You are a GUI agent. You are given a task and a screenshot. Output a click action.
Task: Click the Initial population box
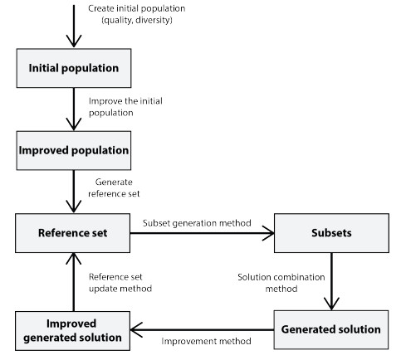[73, 68]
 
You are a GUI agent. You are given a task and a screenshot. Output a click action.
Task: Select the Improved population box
[73, 151]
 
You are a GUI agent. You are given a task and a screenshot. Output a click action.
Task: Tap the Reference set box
[73, 233]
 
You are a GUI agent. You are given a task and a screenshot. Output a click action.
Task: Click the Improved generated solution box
[73, 329]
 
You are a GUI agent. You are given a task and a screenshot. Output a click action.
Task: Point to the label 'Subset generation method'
[192, 224]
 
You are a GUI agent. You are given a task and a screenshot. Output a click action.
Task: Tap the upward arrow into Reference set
[73, 282]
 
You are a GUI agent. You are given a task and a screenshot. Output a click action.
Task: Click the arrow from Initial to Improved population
[73, 108]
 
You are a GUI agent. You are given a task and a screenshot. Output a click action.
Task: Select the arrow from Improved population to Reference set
[73, 191]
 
